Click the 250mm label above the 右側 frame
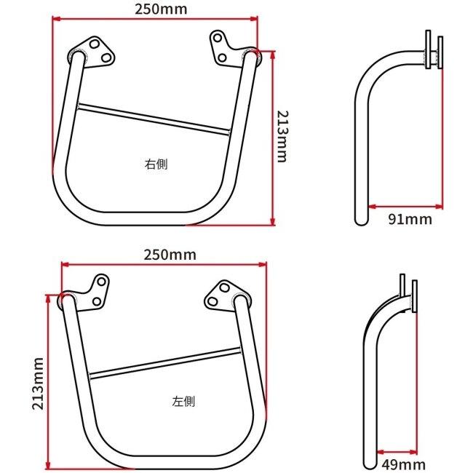point(161,9)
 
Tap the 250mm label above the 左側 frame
point(170,255)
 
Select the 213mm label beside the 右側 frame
point(282,137)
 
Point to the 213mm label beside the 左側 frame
point(38,383)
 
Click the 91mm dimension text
point(410,219)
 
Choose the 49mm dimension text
point(404,464)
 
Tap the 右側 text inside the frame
point(156,164)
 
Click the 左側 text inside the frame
point(183,402)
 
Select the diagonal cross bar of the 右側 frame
point(154,119)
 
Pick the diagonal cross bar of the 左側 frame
point(165,363)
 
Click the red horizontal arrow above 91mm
point(406,207)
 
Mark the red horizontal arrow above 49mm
point(397,452)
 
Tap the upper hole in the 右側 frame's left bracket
point(95,44)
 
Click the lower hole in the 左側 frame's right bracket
point(212,301)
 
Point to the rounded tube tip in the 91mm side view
point(362,222)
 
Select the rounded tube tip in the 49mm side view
point(370,466)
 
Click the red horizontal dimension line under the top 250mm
point(155,19)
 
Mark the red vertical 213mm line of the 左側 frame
point(47,382)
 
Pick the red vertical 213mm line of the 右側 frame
point(273,138)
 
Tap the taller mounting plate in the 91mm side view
point(428,49)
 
